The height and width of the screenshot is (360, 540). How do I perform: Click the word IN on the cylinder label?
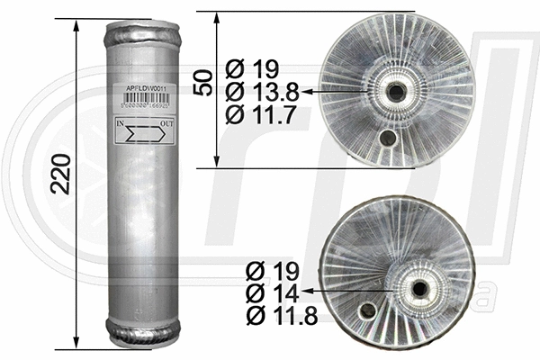click(x=121, y=123)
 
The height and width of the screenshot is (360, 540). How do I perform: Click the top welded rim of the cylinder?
click(x=139, y=37)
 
